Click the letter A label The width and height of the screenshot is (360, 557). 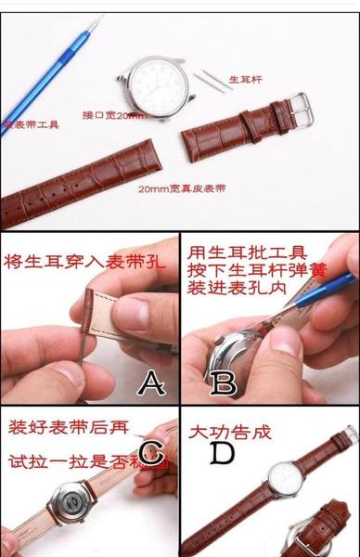point(150,382)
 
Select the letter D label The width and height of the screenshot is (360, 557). point(223,454)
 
